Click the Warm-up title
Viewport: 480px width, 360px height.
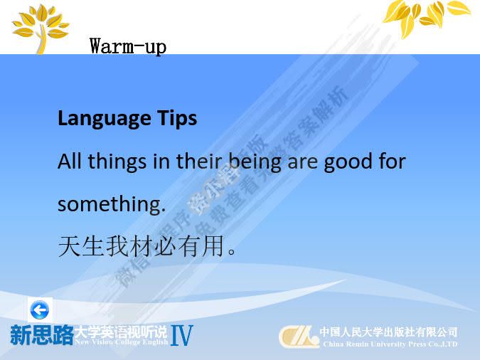click(x=128, y=47)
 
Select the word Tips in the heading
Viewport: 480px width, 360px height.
click(x=176, y=118)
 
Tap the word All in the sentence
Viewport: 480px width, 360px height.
click(x=70, y=162)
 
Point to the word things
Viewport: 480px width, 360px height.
click(x=117, y=162)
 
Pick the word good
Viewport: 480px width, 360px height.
click(x=348, y=162)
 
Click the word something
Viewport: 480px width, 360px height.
click(x=111, y=205)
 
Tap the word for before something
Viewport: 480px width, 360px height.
click(x=391, y=162)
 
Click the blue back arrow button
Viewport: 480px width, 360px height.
click(x=40, y=309)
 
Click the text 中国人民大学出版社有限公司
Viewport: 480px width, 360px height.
click(x=388, y=332)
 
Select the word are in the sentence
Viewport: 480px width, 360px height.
click(x=304, y=162)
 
